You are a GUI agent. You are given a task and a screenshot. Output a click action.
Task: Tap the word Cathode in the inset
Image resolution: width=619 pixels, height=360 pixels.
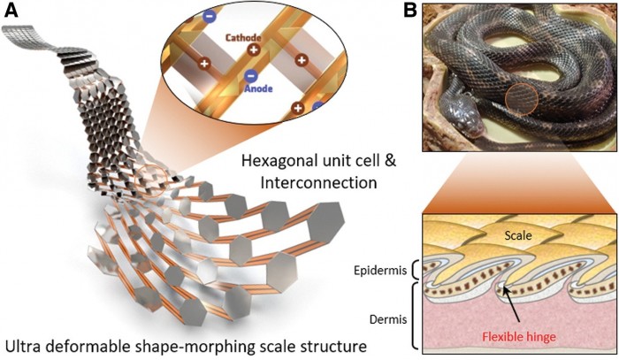pos(241,39)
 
